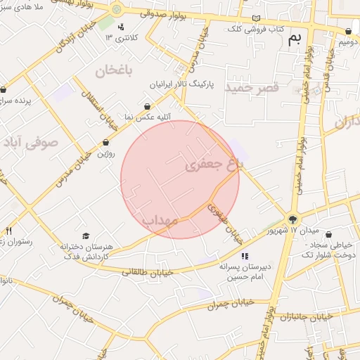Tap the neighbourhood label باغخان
[114, 71]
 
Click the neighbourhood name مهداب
[162, 220]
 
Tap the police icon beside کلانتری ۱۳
[121, 27]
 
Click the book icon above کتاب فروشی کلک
[256, 19]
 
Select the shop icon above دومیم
[349, 32]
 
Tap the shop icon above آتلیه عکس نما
[146, 106]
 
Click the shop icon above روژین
[105, 143]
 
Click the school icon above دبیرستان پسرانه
[245, 257]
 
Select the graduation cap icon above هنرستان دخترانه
[86, 236]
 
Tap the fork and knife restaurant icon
[8, 231]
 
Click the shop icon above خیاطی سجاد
[329, 235]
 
